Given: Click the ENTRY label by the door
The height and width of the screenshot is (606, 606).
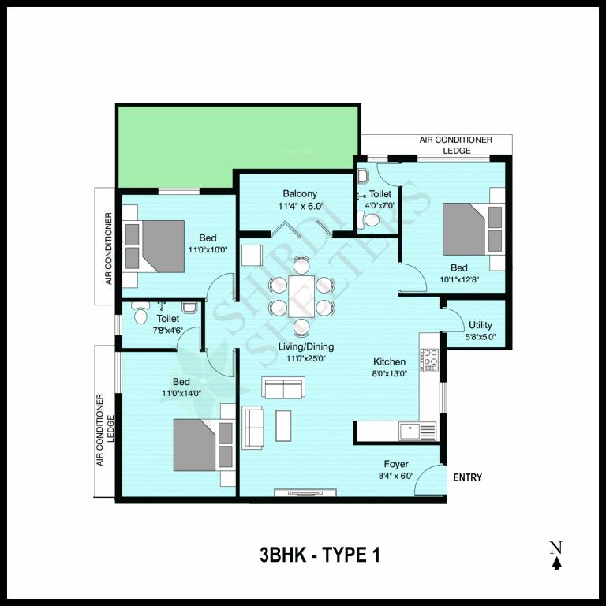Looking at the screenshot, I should (x=467, y=478).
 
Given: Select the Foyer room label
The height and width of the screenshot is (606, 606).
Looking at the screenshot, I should (x=396, y=465).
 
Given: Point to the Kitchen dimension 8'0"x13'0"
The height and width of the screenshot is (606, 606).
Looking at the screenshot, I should (x=390, y=375).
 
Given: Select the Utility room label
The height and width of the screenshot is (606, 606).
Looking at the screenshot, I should (x=480, y=325).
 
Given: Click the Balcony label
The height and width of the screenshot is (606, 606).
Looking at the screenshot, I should (x=300, y=194).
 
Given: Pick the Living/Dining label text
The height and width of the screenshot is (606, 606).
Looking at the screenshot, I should (x=305, y=346).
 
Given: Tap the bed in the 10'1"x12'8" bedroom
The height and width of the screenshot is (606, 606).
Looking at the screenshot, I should (x=472, y=229).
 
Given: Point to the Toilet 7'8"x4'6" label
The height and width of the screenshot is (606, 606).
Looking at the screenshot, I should (x=167, y=319).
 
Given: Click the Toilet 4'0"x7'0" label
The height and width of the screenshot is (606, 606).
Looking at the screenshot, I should (x=380, y=194).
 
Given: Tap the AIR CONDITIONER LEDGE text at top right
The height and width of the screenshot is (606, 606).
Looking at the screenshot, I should (x=455, y=145).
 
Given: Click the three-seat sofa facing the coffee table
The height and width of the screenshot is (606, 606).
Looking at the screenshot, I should (x=253, y=427).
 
